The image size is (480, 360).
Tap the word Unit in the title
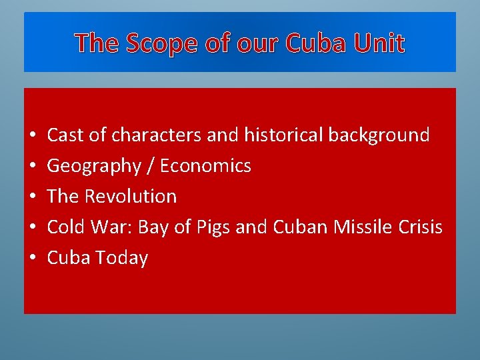(379, 43)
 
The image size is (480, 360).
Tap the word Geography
(93, 166)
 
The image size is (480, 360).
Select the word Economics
(205, 166)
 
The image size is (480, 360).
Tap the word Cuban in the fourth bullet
(299, 227)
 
